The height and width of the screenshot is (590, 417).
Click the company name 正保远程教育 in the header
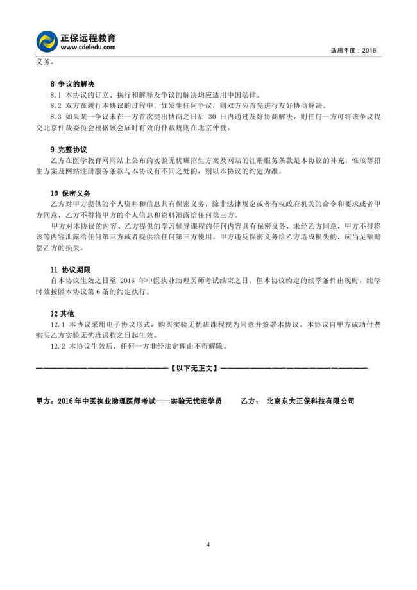pyautogui.click(x=88, y=38)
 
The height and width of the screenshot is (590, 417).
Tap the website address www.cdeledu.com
pyautogui.click(x=88, y=48)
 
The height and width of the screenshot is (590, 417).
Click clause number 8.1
pyautogui.click(x=56, y=94)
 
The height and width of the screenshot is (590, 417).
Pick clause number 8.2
pyautogui.click(x=56, y=105)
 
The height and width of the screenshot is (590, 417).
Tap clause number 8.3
pyautogui.click(x=56, y=116)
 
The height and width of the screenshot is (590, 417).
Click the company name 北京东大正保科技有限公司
pyautogui.click(x=311, y=401)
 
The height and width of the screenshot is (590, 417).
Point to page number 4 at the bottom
pyautogui.click(x=208, y=544)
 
